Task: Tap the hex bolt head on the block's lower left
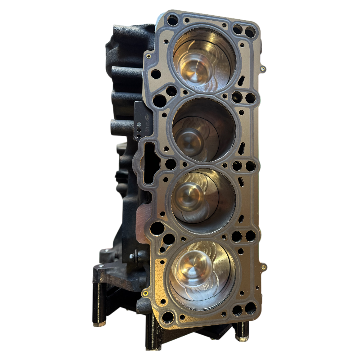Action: tap(134, 257)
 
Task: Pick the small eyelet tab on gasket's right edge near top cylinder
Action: tap(263, 69)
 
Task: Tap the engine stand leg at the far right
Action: tap(241, 331)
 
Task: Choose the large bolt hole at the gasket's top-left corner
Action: tap(172, 19)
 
